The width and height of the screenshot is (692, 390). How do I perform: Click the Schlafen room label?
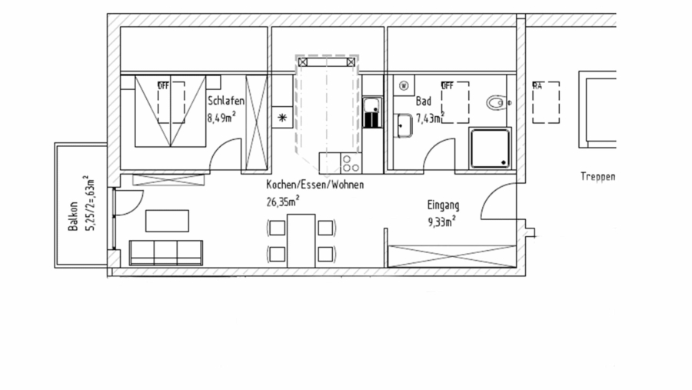coord(225,101)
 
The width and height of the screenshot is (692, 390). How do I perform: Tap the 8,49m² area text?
coord(221,118)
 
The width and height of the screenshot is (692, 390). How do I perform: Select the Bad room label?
coord(424,101)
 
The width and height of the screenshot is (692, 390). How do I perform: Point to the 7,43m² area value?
coord(431,118)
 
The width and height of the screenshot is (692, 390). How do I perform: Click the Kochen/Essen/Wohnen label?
coord(314,185)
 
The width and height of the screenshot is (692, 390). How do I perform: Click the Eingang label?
coord(443,205)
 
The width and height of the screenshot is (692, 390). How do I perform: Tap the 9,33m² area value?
coord(441,222)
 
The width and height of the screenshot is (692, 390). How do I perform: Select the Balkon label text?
coord(73,216)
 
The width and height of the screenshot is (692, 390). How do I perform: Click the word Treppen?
coord(597,176)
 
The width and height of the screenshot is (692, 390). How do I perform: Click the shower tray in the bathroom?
coord(489,147)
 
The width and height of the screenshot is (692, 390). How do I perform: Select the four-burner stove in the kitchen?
coord(350,163)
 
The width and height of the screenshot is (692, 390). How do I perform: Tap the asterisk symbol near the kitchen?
coord(282,118)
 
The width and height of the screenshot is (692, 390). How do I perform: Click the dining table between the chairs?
coord(301,239)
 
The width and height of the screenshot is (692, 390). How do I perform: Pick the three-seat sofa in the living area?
coord(165,252)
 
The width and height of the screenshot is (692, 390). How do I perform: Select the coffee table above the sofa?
coord(168,220)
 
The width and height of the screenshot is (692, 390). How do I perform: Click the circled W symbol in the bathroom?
coord(403,85)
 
